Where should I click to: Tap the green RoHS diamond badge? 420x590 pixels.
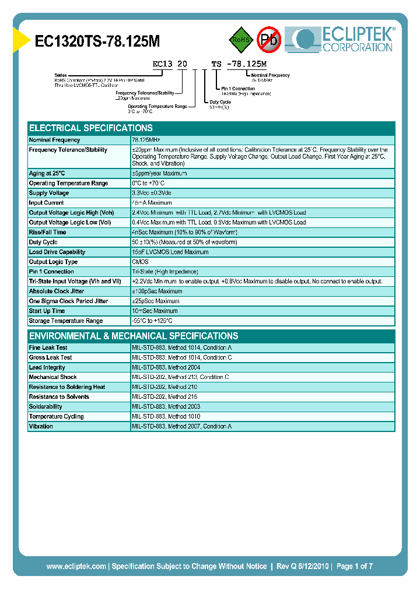(240, 40)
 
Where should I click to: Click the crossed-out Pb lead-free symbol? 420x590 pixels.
(269, 40)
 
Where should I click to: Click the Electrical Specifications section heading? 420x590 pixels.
(91, 128)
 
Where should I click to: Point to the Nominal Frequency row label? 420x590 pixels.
(55, 140)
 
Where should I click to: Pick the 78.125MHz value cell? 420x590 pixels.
(146, 140)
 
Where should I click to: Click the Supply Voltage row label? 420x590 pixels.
(49, 193)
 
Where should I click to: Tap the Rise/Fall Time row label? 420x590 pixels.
(48, 232)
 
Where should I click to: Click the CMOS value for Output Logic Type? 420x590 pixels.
(141, 262)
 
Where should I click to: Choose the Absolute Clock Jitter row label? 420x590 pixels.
(57, 291)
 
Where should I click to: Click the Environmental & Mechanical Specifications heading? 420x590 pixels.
(134, 336)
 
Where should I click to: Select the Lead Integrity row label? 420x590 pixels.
(47, 367)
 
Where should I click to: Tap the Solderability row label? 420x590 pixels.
(45, 406)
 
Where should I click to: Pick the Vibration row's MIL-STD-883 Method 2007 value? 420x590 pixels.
(181, 426)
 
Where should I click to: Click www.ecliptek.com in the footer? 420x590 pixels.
(76, 566)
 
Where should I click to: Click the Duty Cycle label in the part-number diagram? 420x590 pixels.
(220, 101)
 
